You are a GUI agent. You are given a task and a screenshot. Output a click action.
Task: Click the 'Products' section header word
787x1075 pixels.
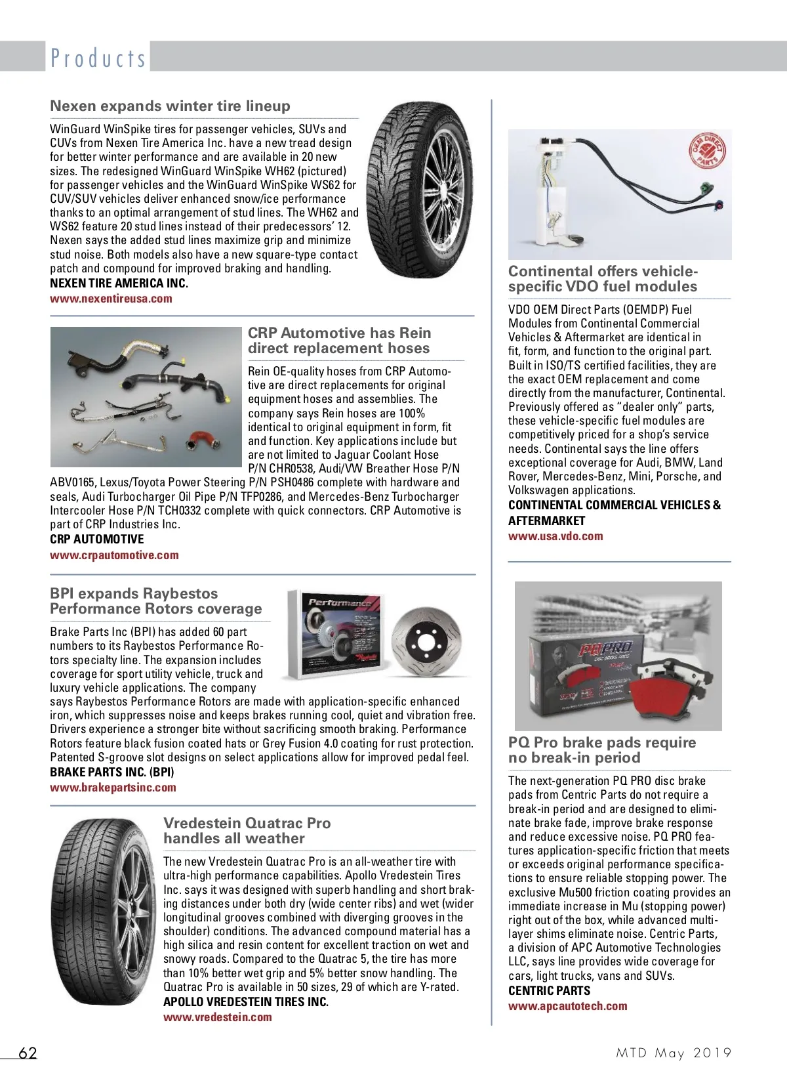point(98,58)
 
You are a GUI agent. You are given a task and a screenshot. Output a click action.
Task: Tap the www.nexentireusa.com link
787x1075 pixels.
point(111,299)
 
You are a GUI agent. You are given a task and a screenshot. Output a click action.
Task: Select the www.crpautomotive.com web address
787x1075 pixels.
point(114,555)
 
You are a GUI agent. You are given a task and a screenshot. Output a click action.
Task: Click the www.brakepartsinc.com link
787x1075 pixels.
point(113,788)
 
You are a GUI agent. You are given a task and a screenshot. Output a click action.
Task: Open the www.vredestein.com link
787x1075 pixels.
point(217,1017)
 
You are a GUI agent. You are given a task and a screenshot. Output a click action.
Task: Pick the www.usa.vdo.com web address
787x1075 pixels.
point(555,536)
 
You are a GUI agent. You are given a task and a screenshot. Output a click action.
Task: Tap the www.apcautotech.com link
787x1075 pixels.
point(567,1006)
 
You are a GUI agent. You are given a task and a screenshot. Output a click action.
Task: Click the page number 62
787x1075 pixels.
point(28,1053)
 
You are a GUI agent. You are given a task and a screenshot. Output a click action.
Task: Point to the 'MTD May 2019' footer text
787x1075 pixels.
point(674,1053)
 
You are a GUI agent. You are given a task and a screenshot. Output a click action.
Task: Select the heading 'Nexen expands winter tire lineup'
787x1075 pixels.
point(170,106)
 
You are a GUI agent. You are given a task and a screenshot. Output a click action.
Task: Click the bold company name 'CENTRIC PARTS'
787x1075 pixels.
point(549,991)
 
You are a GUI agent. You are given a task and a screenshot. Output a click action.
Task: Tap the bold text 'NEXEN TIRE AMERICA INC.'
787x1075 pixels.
point(119,284)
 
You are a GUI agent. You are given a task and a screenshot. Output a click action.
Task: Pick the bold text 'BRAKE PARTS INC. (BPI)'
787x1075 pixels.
point(112,772)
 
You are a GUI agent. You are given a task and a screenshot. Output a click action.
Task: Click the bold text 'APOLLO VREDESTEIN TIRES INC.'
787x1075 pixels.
point(246,1002)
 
